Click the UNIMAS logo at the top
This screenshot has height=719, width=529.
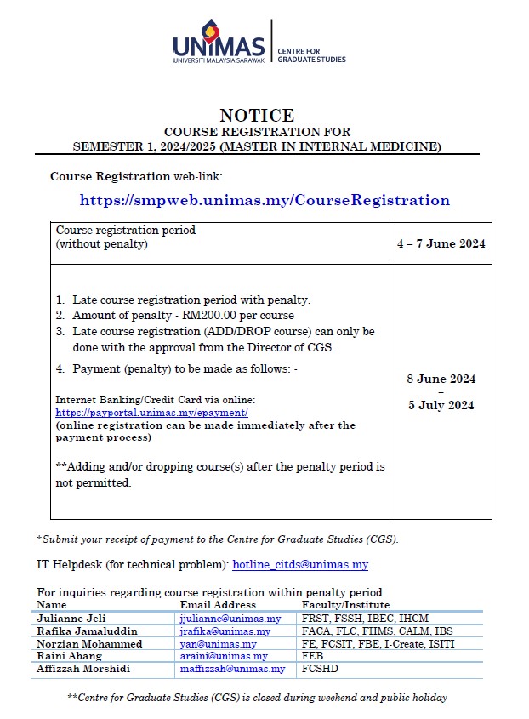(219, 43)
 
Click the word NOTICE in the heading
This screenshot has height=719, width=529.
(256, 116)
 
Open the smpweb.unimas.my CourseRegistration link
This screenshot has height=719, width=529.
(264, 201)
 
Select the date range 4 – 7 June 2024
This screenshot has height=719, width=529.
(441, 243)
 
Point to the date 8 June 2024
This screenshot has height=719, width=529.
(441, 379)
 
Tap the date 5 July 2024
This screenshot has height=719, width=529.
(441, 405)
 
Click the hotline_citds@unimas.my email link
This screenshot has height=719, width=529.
(299, 564)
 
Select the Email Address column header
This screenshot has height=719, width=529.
(218, 605)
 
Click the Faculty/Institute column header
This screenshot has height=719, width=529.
(345, 605)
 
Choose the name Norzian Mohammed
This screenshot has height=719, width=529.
(89, 644)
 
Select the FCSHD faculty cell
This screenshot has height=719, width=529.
(319, 670)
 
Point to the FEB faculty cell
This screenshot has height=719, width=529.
(312, 657)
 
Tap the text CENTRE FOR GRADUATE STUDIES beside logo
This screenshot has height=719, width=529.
(311, 55)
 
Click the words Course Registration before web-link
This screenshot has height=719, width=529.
(110, 177)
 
